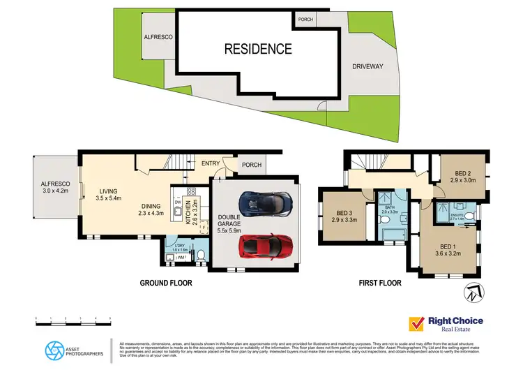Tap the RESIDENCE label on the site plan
pos(257,49)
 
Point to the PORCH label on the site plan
pos(305,20)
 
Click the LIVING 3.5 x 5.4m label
pos(109,195)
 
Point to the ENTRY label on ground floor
pos(211,163)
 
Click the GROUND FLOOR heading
pos(165,283)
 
